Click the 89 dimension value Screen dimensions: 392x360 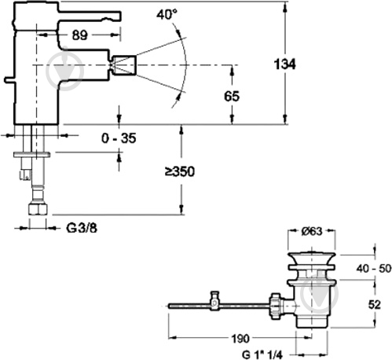tap(79, 35)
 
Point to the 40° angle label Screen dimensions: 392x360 tap(167, 14)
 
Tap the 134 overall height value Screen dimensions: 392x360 tap(284, 64)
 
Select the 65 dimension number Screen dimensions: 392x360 tap(232, 96)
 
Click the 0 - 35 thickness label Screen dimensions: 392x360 tap(119, 138)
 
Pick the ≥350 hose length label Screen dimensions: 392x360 tap(180, 172)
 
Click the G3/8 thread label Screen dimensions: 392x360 tap(82, 228)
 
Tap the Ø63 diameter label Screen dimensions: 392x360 tap(312, 231)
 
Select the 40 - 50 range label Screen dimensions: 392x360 tap(374, 268)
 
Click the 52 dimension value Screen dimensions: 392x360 tap(374, 305)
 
